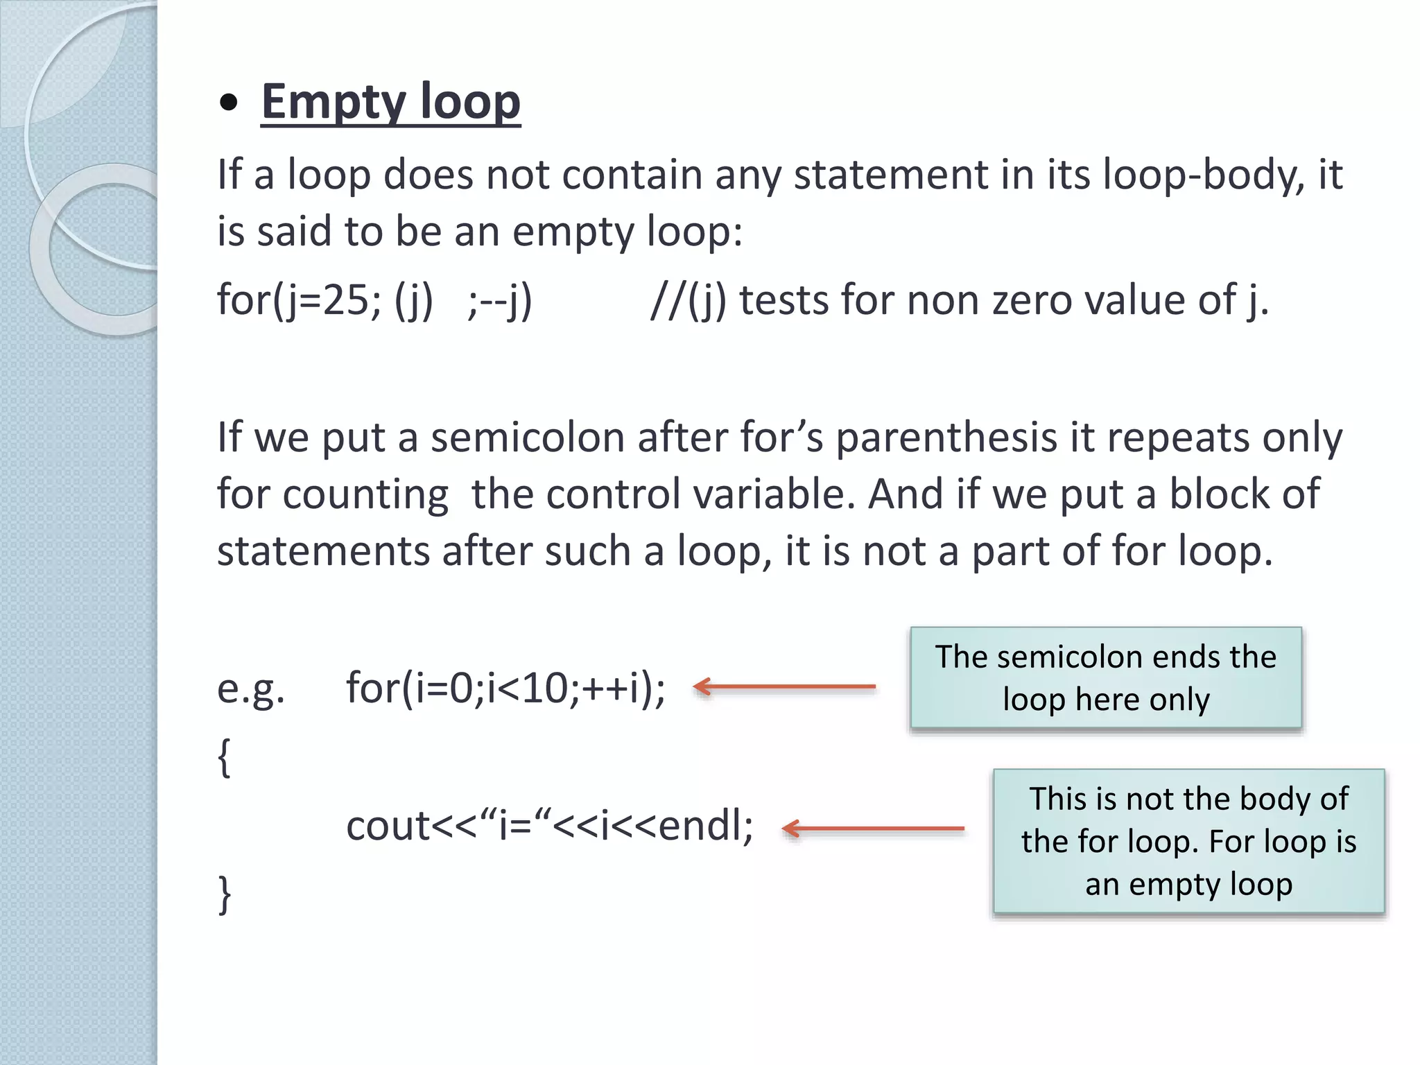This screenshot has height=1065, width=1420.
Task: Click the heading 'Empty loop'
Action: click(x=390, y=102)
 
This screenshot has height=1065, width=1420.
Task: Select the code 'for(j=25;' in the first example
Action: click(x=299, y=300)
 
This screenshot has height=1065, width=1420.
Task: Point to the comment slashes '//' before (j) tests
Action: click(x=667, y=300)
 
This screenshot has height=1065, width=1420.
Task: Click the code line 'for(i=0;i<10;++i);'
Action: click(x=505, y=689)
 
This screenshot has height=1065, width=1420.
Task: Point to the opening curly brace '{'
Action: click(x=223, y=757)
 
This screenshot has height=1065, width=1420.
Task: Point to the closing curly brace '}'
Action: click(x=223, y=894)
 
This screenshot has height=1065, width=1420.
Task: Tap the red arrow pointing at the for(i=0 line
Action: click(x=784, y=686)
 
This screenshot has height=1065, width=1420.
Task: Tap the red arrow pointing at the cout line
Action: click(x=873, y=828)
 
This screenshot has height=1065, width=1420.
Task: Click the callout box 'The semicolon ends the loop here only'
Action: click(x=1106, y=677)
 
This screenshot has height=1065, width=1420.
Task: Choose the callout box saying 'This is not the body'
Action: click(x=1188, y=841)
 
